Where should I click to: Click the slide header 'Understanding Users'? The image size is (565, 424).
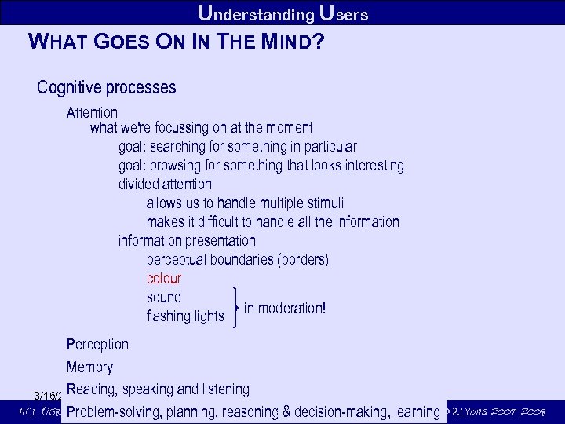[282, 13]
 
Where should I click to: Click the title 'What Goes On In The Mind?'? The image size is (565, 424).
[175, 41]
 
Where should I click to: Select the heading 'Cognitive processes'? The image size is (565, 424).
[106, 87]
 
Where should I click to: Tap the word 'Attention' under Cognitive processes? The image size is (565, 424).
[92, 113]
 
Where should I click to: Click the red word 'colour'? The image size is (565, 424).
[163, 279]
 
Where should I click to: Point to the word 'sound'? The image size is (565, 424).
[163, 298]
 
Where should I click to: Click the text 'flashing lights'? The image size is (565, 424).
[184, 316]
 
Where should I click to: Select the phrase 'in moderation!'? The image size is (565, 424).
[284, 308]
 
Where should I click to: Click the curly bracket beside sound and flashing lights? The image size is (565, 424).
[236, 306]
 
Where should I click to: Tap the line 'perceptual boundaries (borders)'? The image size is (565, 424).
[237, 259]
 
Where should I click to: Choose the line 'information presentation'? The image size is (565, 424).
[187, 240]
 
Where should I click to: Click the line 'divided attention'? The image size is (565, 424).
[165, 185]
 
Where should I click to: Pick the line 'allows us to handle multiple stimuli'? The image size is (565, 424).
[245, 203]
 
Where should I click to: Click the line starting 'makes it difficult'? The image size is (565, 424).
[272, 222]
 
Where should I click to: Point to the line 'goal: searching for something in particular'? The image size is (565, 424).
[237, 147]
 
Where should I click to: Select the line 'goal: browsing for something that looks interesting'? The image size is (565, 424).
[261, 166]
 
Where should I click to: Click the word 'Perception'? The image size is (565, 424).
[97, 344]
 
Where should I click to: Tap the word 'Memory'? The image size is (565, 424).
[89, 367]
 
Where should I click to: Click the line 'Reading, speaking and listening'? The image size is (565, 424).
[158, 389]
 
